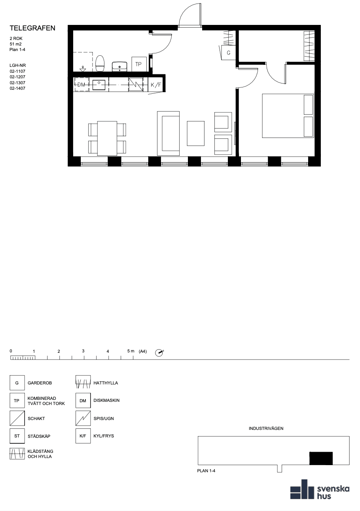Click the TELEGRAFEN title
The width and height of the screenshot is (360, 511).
32,28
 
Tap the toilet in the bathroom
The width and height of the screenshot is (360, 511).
100,63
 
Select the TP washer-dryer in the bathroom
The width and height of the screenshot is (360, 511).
139,64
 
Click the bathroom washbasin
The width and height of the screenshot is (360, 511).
119,66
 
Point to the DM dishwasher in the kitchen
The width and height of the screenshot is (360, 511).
81,85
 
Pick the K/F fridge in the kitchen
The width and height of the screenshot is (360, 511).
156,85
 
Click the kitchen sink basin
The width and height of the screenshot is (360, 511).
99,85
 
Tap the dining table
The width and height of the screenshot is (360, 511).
107,138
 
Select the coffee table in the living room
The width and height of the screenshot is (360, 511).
195,133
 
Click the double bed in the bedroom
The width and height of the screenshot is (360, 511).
288,116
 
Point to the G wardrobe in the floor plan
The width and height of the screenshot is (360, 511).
228,53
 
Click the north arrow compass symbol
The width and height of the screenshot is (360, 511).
159,352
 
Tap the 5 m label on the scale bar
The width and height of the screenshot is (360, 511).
131,351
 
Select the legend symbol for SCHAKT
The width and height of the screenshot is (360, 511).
17,418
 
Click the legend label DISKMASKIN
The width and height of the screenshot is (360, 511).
106,400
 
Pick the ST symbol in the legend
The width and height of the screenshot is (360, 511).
17,436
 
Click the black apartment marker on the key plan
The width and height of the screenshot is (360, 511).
321,458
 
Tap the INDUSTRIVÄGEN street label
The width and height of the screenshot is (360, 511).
266,428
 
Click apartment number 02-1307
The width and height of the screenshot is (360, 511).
17,83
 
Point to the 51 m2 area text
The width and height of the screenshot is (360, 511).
15,44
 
